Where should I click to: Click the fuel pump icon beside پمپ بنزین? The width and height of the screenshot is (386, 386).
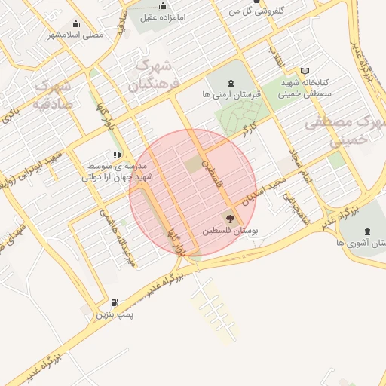[115, 302]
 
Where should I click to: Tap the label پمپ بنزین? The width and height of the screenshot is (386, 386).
[114, 314]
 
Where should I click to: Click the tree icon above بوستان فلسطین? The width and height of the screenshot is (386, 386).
[229, 219]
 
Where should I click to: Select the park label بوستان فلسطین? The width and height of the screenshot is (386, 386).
[229, 231]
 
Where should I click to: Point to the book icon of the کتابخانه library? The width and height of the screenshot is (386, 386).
[305, 71]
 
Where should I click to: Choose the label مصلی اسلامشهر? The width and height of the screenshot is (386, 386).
[75, 35]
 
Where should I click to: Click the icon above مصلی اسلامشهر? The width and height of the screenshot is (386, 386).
[75, 23]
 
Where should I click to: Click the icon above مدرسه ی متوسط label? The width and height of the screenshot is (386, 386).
[117, 155]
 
